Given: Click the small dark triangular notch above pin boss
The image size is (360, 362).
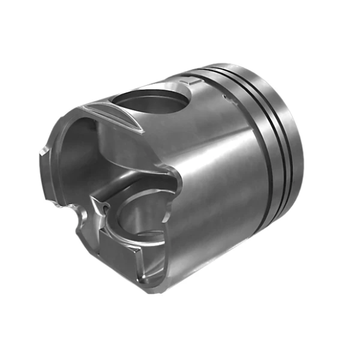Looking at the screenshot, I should tap(103, 207).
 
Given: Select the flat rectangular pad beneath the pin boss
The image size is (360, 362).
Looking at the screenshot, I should tap(120, 248).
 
